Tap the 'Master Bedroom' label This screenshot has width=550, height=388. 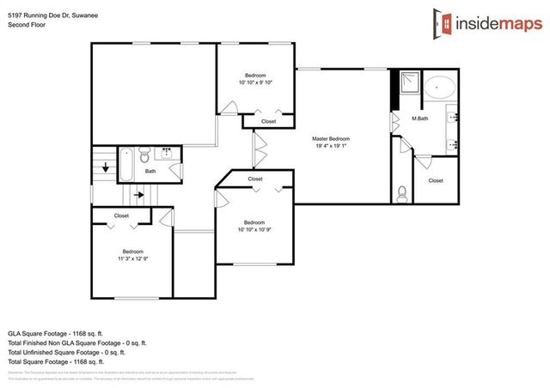point(330,138)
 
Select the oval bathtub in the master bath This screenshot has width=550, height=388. point(443,88)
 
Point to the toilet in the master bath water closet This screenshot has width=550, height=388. point(402,192)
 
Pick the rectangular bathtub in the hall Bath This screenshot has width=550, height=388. point(125,163)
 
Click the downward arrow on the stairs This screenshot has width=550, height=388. point(106,167)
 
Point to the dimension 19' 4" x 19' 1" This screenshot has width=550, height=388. point(330,146)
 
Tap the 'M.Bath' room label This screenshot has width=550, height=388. point(420,118)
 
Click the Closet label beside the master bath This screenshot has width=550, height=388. point(436,180)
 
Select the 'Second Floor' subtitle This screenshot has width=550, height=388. point(25,25)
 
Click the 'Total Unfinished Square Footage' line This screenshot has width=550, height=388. point(67,352)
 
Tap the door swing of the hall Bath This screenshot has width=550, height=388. point(176,172)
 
